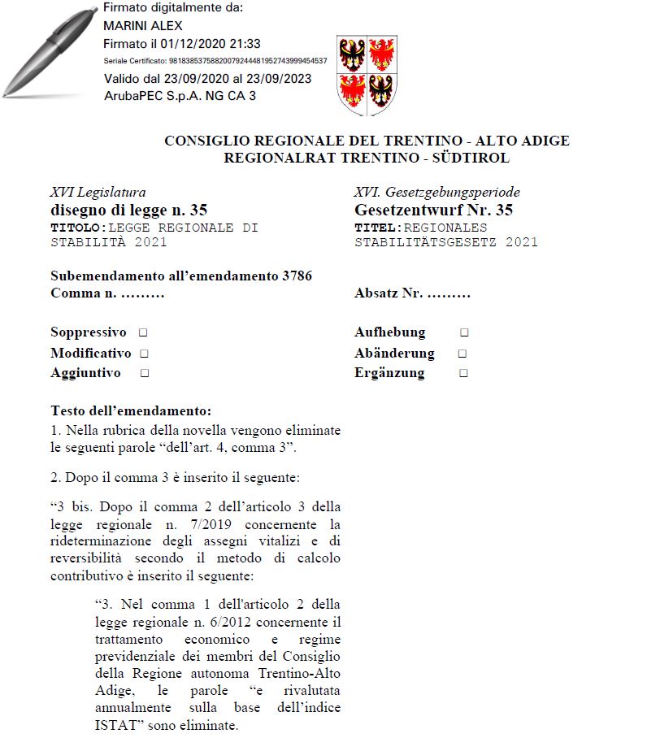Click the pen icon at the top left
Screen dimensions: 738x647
coord(49,53)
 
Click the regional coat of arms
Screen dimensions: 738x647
coord(367,75)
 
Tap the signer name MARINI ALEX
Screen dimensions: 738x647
coord(143,26)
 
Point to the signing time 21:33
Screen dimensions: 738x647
coord(245,44)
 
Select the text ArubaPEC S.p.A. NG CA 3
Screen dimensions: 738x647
coord(180,96)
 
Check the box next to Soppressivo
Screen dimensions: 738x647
coord(143,332)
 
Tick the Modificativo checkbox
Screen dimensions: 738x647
coord(144,354)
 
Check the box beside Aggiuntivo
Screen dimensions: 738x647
coord(144,373)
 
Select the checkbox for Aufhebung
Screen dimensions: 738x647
coord(464,332)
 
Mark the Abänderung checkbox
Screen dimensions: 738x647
coord(462,354)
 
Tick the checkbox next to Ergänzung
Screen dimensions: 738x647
coord(463,373)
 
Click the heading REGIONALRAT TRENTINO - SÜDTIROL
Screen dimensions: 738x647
coord(367,158)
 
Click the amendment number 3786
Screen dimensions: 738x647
coord(297,276)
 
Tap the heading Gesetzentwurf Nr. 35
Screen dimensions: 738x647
coord(433,211)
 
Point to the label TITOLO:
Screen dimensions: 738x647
coord(79,228)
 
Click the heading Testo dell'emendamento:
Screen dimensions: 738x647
coord(131,410)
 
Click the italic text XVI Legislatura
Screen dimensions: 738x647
coord(98,193)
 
